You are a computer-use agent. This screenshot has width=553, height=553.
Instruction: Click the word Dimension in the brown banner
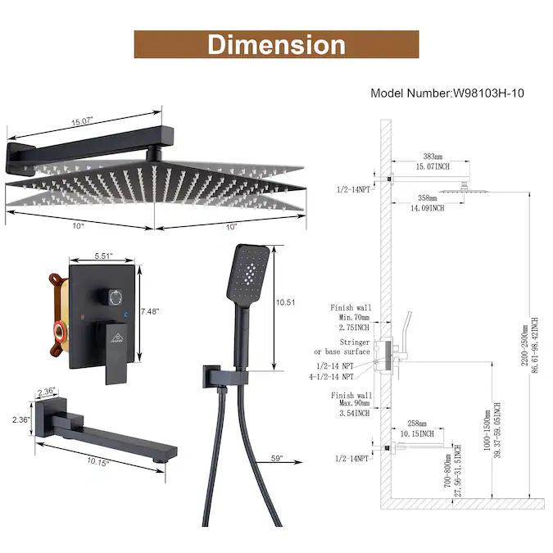(x=277, y=45)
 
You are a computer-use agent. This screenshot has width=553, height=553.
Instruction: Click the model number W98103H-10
(x=488, y=93)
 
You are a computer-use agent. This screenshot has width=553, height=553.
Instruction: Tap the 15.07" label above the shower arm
(x=82, y=122)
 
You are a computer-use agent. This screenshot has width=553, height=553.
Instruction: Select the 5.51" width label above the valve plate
(x=103, y=256)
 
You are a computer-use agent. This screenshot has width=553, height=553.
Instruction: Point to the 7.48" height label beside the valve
(x=150, y=311)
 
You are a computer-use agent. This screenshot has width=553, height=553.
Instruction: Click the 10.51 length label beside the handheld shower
(x=285, y=302)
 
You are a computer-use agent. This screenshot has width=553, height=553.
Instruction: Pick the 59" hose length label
(x=277, y=458)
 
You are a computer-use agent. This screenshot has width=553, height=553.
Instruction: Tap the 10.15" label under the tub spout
(x=97, y=462)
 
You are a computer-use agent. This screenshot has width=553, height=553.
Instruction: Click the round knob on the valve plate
(x=112, y=297)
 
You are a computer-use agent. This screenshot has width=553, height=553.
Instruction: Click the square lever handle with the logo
(x=116, y=352)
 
